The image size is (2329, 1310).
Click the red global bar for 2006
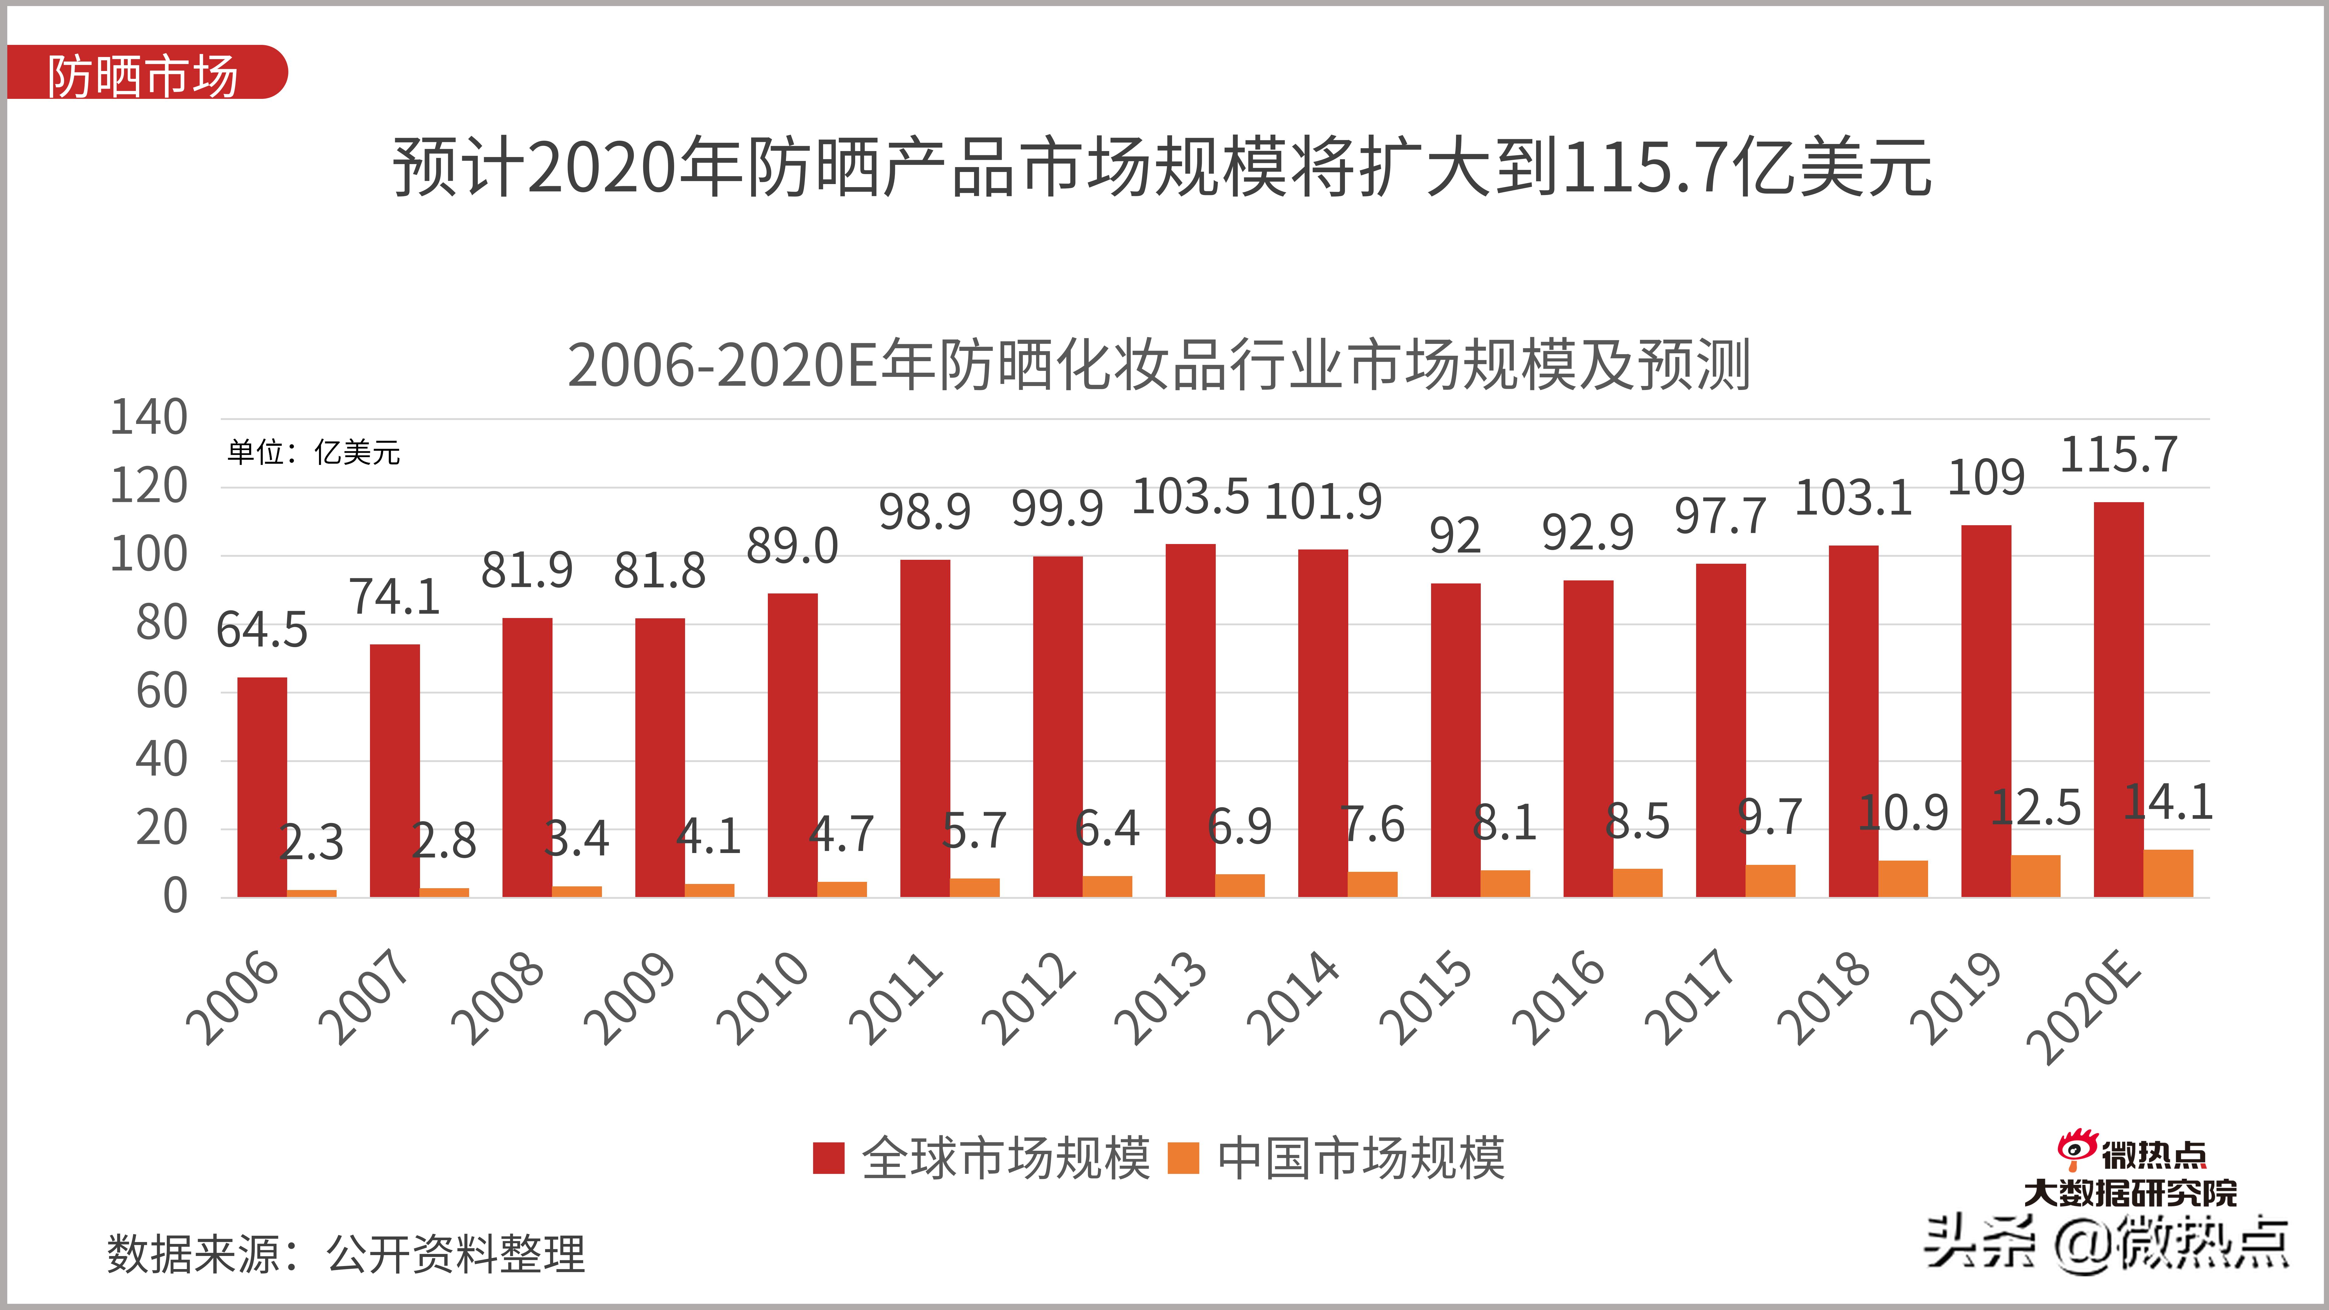pyautogui.click(x=262, y=787)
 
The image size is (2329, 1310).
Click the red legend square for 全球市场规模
pyautogui.click(x=828, y=1158)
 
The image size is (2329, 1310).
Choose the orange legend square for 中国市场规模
pyautogui.click(x=1184, y=1158)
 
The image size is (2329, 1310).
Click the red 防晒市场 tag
pyautogui.click(x=145, y=72)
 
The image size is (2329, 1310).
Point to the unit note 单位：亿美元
pyautogui.click(x=313, y=452)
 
